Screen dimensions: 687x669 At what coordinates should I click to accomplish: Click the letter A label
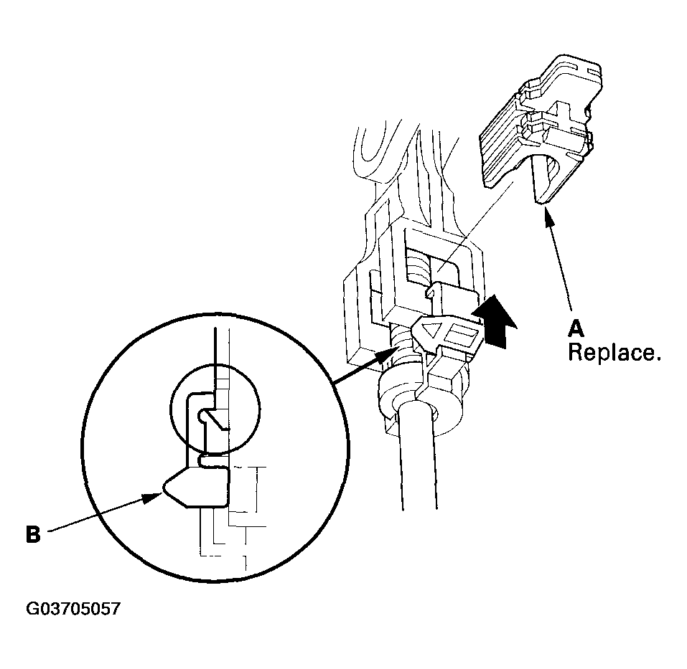coord(576,328)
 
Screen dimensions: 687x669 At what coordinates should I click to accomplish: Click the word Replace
coord(614,352)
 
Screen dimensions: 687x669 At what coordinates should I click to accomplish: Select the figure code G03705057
coord(73,609)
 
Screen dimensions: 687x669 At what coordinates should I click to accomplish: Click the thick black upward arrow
coord(494,321)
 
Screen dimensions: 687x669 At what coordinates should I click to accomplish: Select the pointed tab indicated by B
coord(196,487)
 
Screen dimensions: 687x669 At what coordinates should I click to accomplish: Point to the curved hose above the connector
coord(373,153)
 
